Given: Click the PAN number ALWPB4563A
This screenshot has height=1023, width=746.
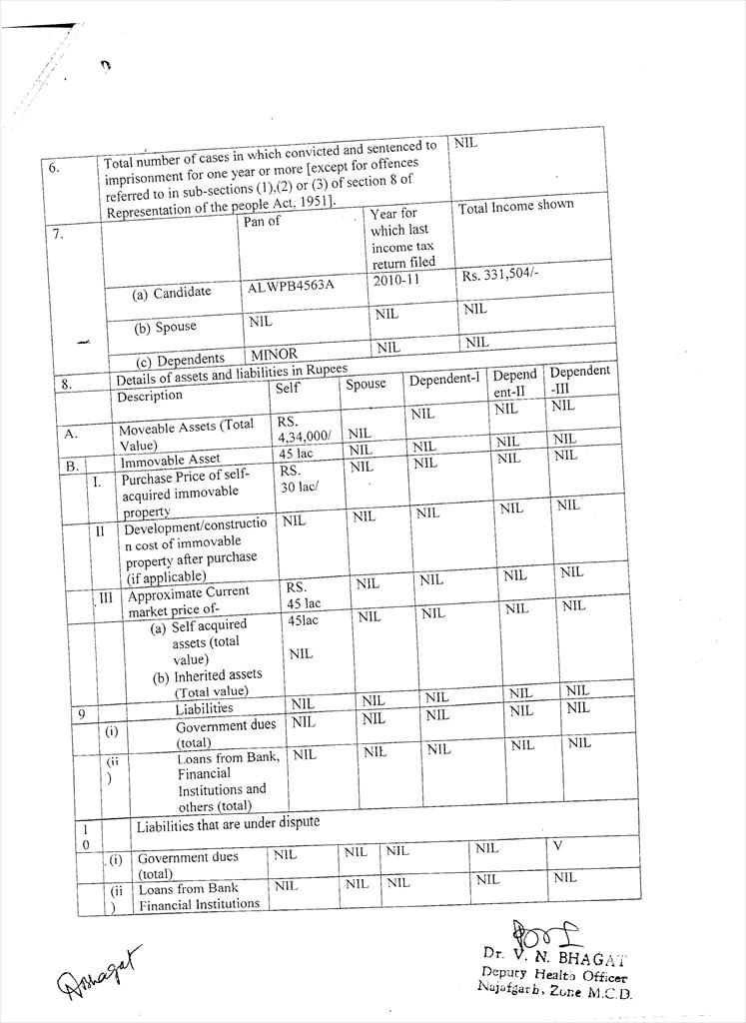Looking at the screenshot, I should tap(291, 286).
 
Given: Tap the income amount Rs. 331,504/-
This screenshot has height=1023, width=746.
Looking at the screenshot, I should tap(501, 275).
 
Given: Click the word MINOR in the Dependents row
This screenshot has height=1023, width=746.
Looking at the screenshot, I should tap(274, 354).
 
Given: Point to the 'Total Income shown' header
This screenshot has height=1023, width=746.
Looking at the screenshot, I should tap(515, 206).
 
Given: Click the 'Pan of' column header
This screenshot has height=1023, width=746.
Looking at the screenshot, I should tap(263, 221).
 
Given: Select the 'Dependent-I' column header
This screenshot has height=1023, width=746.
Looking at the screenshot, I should tap(443, 380).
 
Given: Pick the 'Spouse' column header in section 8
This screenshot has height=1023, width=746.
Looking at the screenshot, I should tap(366, 384).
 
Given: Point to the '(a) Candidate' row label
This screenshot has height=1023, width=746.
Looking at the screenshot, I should tap(172, 293).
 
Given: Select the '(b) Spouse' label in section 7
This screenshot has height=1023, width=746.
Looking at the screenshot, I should tap(166, 327).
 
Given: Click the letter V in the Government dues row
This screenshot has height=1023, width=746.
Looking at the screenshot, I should tap(559, 846).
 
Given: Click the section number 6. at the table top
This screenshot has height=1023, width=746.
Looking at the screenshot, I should tap(54, 168).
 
